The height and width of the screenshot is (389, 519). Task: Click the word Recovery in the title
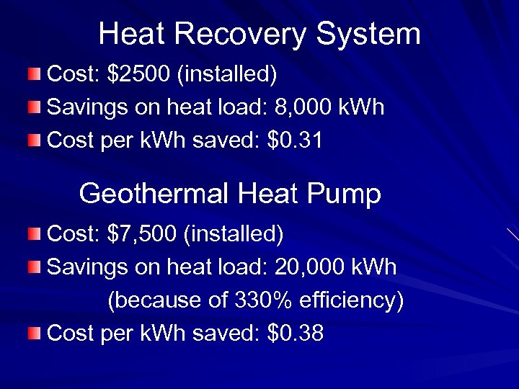point(243,35)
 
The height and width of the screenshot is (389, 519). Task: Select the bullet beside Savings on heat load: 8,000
point(35,107)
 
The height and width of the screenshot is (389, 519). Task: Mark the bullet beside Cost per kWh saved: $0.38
point(35,333)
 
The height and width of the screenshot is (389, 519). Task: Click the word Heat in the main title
point(130,35)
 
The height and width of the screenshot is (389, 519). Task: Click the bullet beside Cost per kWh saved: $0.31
point(35,140)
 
